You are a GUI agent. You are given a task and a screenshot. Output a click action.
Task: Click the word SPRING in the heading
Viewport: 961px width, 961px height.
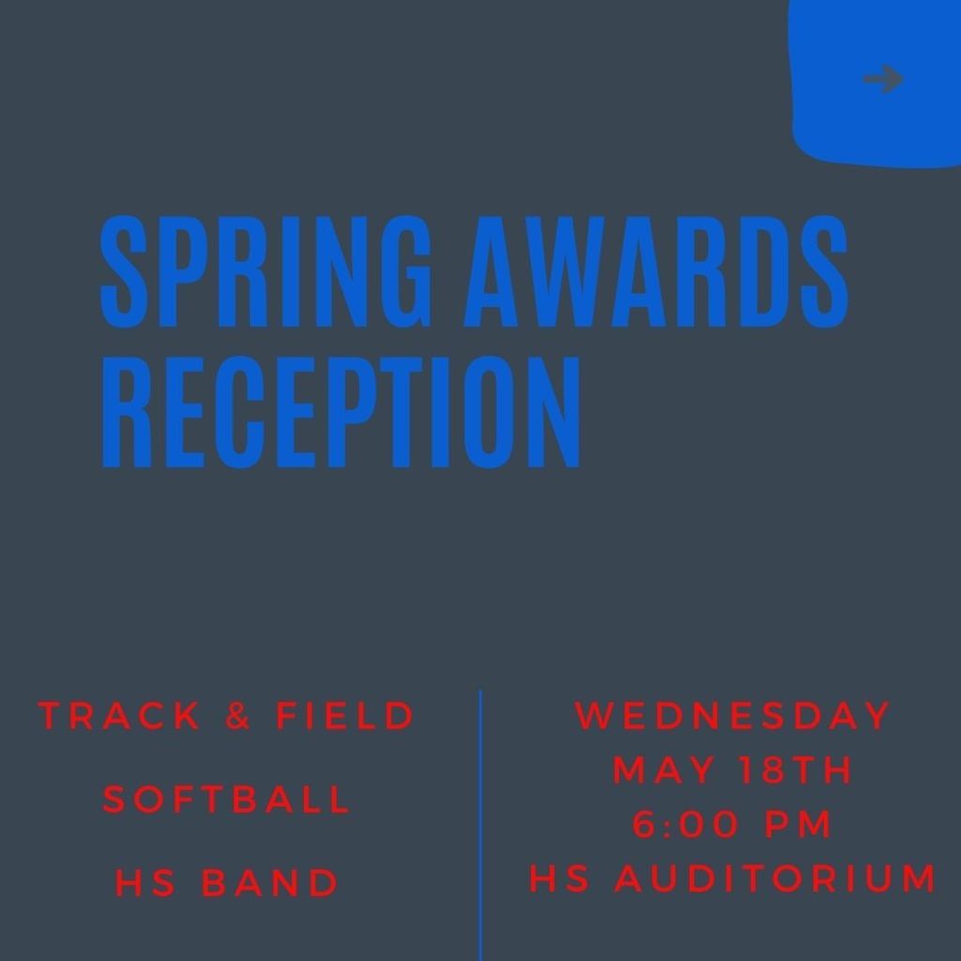pos(266,271)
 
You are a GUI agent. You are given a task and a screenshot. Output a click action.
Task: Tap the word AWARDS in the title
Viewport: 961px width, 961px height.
pos(656,271)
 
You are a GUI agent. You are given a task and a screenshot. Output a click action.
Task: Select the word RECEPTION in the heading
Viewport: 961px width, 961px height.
pos(340,413)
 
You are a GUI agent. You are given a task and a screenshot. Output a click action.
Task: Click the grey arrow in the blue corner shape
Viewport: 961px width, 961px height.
pos(883,79)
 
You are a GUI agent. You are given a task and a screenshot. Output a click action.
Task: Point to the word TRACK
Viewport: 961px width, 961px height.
pos(119,715)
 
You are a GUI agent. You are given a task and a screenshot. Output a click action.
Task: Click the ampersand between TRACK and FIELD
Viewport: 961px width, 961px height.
pos(237,715)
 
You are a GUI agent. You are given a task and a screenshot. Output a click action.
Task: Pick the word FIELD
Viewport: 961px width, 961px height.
pos(345,715)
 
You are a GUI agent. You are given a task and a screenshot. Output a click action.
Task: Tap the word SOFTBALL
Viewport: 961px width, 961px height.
pos(226,800)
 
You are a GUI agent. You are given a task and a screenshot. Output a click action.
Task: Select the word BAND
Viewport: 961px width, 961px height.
pos(269,883)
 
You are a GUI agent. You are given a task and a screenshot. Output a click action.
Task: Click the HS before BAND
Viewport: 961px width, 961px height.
pos(145,883)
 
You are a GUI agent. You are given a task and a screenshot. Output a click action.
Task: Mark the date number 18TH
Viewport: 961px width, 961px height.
pos(796,770)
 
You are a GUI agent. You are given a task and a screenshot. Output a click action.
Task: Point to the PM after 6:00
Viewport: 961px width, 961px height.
pos(799,824)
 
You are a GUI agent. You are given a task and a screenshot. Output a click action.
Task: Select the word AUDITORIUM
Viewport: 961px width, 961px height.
pos(776,877)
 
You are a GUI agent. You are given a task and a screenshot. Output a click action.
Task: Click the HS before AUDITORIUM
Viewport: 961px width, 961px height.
pos(559,877)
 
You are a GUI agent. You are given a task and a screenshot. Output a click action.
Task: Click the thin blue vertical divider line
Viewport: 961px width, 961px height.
pos(480,825)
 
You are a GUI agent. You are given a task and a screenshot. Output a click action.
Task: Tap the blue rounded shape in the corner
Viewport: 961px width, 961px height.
pos(877,83)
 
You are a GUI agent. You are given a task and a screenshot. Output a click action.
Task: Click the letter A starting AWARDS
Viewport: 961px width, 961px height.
pos(496,271)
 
